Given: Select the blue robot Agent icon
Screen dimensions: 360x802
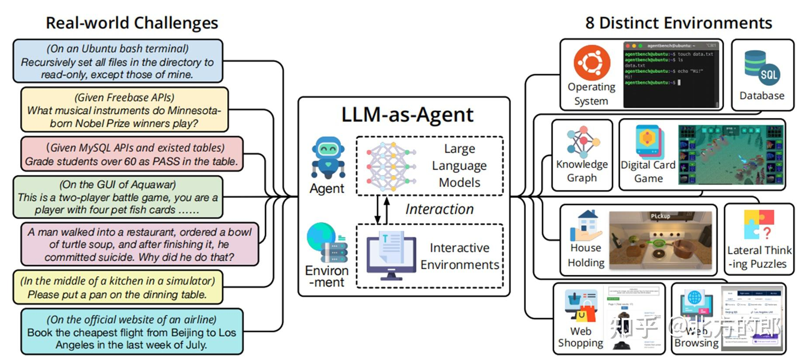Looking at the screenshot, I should [x=328, y=158].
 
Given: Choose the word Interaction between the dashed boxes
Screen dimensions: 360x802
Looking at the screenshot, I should [x=439, y=209].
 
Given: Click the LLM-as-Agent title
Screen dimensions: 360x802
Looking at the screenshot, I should [x=407, y=114].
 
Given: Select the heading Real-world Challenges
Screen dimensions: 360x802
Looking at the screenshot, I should [x=132, y=23].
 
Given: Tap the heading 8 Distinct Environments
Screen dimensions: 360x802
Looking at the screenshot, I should [x=678, y=23].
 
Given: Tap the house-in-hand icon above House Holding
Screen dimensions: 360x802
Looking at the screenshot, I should [x=586, y=225].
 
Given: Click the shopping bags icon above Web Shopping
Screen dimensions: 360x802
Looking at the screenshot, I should [x=581, y=306].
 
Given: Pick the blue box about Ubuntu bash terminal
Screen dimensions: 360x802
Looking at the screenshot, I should [x=118, y=61].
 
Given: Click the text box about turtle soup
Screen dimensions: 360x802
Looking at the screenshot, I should [x=139, y=244].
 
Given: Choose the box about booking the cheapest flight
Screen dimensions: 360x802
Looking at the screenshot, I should [x=131, y=332].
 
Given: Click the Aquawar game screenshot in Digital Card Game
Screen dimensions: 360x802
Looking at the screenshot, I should [x=730, y=155].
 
